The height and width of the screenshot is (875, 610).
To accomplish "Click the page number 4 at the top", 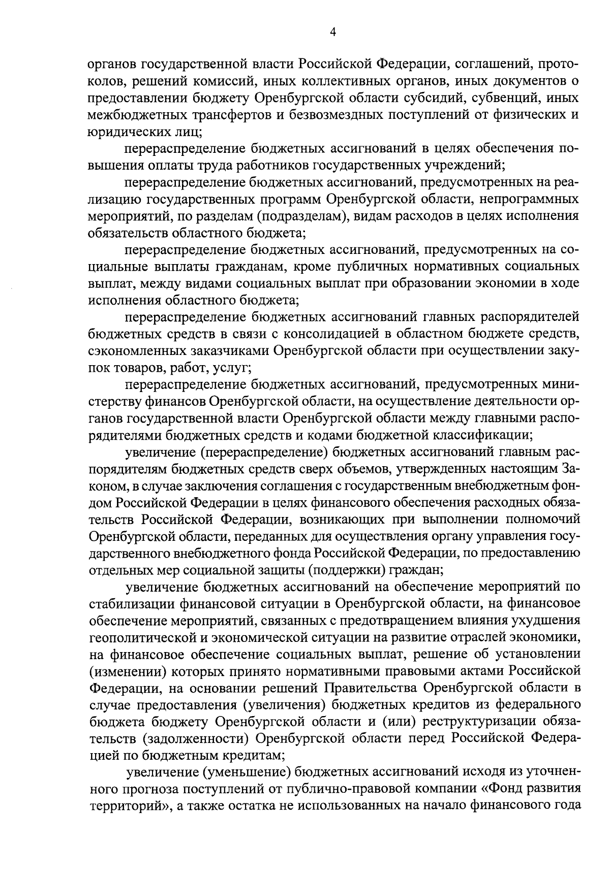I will click(332, 33).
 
